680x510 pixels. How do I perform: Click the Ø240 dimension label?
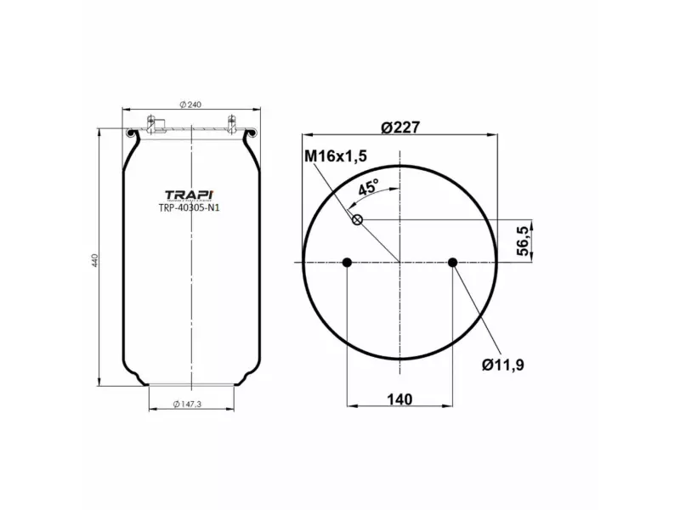click(191, 105)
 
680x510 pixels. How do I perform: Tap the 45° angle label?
click(368, 188)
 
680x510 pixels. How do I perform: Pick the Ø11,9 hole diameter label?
click(501, 365)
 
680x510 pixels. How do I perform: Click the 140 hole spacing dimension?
click(398, 399)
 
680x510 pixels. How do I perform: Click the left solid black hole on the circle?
click(347, 263)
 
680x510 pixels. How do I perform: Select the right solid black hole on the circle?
click(452, 263)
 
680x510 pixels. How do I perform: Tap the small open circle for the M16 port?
click(358, 221)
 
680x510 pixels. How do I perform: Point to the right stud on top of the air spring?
click(230, 121)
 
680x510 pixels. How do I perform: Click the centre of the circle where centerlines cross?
click(399, 263)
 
